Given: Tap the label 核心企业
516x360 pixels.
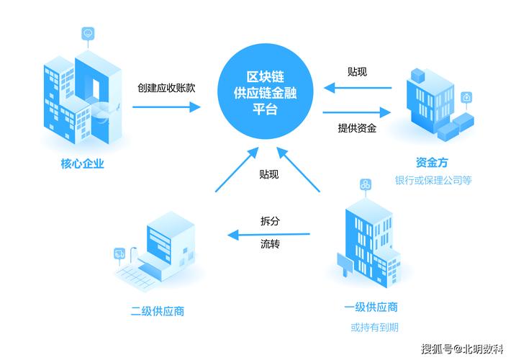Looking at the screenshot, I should [x=83, y=163].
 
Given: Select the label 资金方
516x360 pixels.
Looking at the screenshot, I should [x=434, y=162].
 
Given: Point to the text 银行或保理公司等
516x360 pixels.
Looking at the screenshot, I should [x=434, y=180].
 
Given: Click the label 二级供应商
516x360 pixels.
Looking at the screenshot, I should [x=158, y=311].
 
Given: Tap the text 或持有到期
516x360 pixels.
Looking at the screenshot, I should [x=374, y=328].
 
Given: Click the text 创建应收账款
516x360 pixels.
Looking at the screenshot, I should [x=167, y=88].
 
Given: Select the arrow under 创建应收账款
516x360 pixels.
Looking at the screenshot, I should [x=167, y=107].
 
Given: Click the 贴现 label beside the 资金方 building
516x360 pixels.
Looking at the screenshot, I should [x=357, y=71].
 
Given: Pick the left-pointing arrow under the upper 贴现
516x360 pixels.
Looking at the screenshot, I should [x=357, y=89].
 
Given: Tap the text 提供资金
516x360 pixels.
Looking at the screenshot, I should [x=358, y=128].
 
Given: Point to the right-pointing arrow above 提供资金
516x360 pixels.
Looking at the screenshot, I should [x=357, y=112].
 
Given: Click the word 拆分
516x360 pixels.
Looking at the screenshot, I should [x=270, y=221].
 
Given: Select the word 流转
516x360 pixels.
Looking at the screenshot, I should [x=270, y=245].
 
